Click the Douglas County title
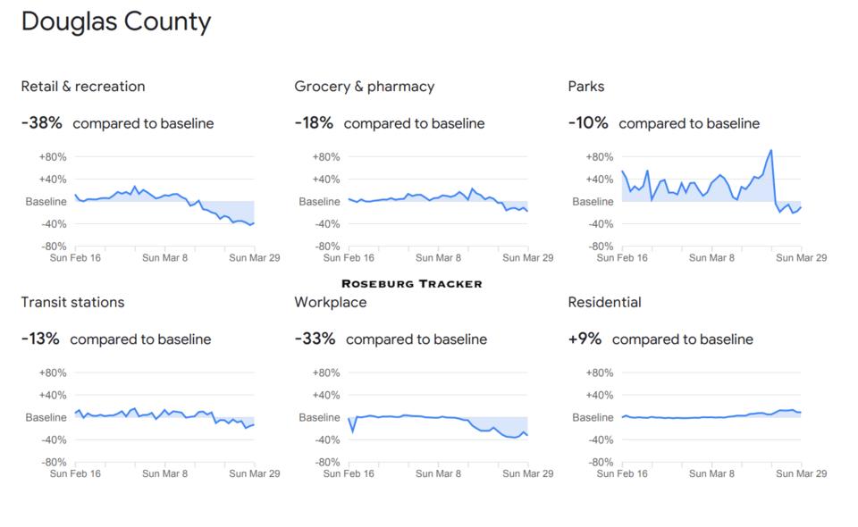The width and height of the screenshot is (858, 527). (x=116, y=22)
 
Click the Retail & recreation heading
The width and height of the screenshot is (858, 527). (x=83, y=87)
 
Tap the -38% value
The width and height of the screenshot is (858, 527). (x=41, y=123)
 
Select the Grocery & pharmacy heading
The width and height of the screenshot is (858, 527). (x=364, y=87)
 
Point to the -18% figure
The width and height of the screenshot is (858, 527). (x=314, y=123)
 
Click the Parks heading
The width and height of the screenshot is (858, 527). (x=586, y=87)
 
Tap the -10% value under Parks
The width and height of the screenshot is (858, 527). (x=588, y=123)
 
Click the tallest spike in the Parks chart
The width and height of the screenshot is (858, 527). (x=771, y=151)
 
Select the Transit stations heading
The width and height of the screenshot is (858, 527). (x=72, y=303)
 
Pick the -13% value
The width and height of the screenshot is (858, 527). (x=40, y=339)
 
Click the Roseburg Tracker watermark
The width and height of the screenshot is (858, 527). (x=411, y=283)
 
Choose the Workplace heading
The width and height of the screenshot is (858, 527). (x=331, y=303)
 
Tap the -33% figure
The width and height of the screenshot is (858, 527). (x=315, y=339)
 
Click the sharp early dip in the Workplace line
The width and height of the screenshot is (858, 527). (x=353, y=431)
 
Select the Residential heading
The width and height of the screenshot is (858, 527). (x=604, y=303)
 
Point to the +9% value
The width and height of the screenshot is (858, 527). (x=585, y=339)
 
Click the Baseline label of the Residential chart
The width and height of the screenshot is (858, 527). (x=593, y=417)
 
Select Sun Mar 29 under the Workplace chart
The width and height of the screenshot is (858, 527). (x=527, y=474)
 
